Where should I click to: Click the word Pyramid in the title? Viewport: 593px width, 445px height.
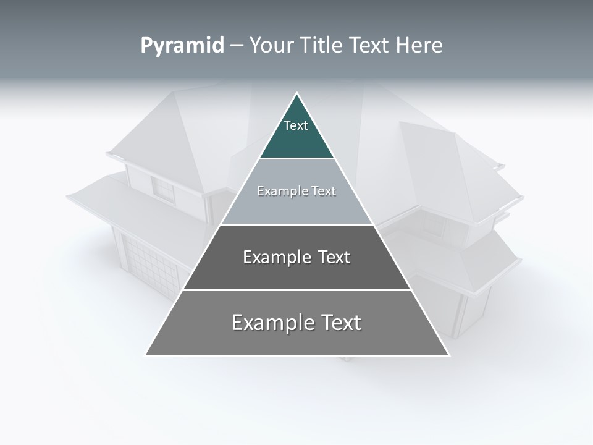tap(182, 46)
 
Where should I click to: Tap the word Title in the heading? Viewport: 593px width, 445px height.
tap(321, 45)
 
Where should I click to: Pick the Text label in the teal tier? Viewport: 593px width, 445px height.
tap(296, 125)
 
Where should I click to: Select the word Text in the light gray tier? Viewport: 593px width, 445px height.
tap(324, 191)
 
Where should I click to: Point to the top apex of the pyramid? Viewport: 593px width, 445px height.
tap(296, 93)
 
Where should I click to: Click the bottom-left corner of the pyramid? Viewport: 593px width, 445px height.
tap(146, 355)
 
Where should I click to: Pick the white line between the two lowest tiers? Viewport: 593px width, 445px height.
tap(296, 290)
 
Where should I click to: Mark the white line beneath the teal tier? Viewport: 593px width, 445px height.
tap(296, 159)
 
